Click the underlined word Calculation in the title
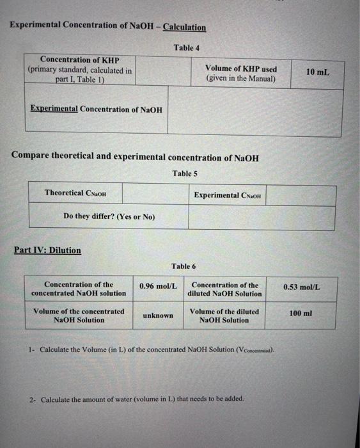184,27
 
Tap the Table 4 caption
187,48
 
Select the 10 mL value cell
317,72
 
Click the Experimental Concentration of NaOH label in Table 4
96,109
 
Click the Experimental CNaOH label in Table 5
228,195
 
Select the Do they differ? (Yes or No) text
109,217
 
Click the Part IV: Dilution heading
47,250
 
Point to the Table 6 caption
184,266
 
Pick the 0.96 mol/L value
158,285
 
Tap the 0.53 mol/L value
302,287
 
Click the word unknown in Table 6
158,316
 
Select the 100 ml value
301,313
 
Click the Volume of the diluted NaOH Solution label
224,316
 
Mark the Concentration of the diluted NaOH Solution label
224,289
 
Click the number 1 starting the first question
30,349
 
